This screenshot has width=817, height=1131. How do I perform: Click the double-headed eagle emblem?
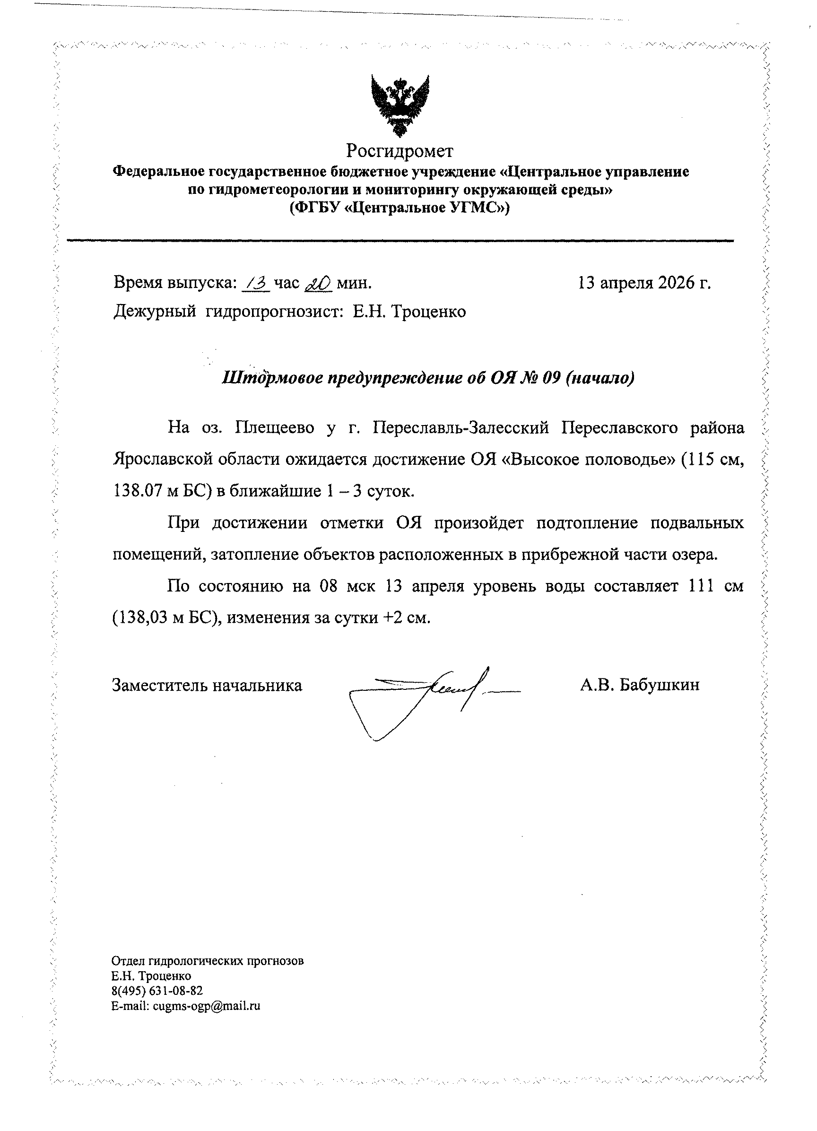tap(400, 105)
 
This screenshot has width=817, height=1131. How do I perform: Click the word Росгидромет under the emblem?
tap(400, 150)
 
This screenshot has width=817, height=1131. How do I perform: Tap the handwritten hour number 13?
tap(256, 283)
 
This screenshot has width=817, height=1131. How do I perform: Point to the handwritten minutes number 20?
tap(318, 284)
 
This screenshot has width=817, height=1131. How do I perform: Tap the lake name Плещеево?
tap(274, 428)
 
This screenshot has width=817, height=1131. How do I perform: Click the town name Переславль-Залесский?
tap(461, 428)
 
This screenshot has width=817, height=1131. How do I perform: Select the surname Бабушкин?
tap(660, 685)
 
